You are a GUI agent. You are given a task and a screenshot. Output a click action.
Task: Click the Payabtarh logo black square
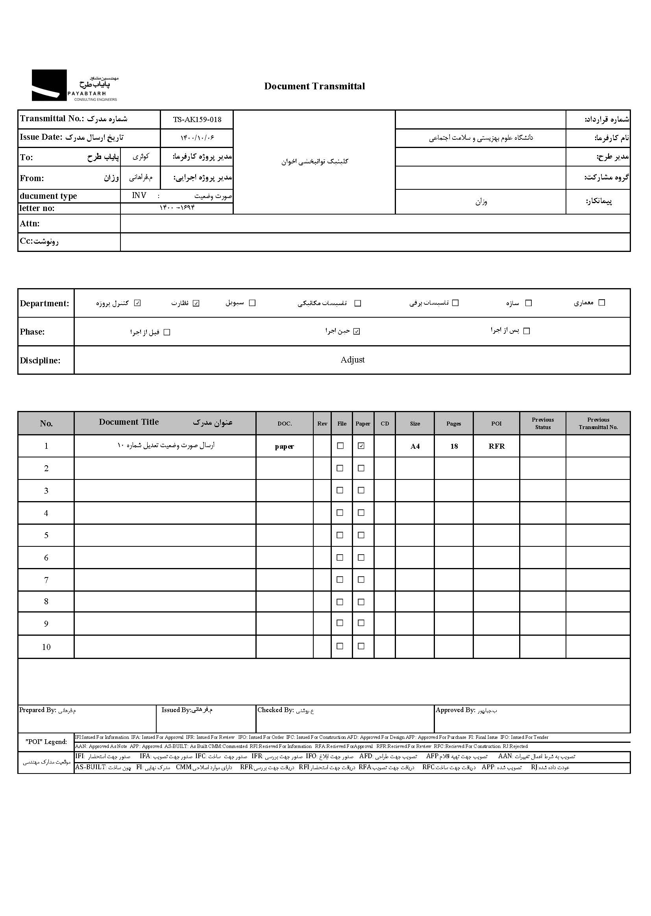point(49,85)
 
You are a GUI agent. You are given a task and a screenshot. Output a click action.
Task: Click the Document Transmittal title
point(314,86)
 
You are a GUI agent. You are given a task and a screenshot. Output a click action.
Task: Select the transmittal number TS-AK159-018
point(197,119)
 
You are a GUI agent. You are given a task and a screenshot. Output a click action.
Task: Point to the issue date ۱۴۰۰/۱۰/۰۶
point(197,138)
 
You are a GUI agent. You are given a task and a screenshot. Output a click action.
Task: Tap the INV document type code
point(139,196)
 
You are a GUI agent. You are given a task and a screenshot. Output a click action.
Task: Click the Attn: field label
point(30,224)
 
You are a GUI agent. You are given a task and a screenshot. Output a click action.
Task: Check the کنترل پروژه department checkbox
point(137,303)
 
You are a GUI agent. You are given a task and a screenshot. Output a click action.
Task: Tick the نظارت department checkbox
point(196,303)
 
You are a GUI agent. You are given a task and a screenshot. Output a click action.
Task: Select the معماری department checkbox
point(601,303)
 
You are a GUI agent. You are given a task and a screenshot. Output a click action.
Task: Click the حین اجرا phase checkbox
point(357,331)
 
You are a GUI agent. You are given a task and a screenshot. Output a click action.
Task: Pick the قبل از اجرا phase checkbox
point(167,332)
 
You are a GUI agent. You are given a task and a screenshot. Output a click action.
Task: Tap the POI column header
point(496,424)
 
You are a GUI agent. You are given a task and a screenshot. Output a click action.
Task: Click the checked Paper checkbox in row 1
point(361,446)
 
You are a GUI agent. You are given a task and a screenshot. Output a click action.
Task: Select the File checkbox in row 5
point(340,535)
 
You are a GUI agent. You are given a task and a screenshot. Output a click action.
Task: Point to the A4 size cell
point(415,446)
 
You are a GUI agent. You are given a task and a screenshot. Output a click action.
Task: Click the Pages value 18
point(454,446)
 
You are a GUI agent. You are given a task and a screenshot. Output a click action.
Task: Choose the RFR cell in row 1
point(496,446)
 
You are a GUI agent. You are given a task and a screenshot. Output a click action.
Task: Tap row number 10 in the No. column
point(46,647)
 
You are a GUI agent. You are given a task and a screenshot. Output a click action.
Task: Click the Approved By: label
point(455,710)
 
